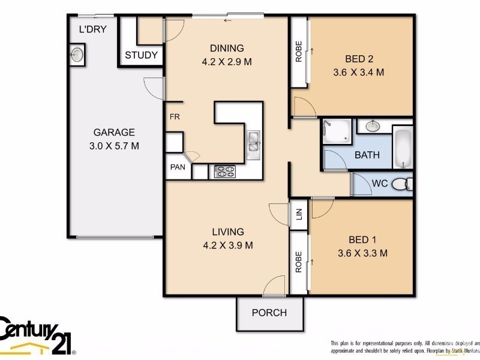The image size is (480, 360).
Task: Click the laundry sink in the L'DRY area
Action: tap(78, 55)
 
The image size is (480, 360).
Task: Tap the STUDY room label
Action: tap(142, 55)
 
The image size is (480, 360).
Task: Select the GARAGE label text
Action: tap(113, 133)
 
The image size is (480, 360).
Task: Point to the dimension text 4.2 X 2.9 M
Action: tap(227, 61)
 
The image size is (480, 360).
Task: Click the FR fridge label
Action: tap(175, 117)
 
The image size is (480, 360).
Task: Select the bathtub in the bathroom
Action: tap(403, 148)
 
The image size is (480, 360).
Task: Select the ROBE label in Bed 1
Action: tap(298, 262)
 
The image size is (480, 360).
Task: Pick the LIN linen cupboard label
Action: tap(299, 212)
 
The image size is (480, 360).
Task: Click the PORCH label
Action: tap(269, 313)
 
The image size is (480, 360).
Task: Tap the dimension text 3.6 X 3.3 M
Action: tap(362, 253)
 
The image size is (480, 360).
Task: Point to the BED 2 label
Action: tap(359, 59)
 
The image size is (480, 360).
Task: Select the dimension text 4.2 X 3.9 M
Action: tap(227, 245)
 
